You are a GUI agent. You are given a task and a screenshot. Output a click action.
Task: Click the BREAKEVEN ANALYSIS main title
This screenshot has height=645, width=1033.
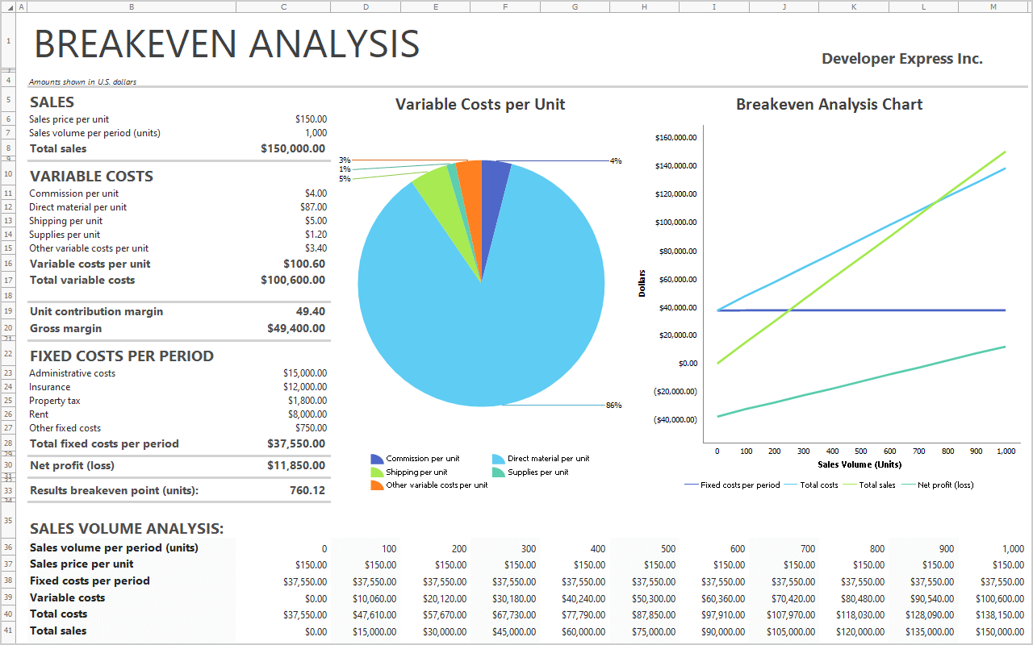(x=227, y=44)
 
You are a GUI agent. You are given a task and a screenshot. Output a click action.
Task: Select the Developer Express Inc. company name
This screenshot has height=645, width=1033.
(x=901, y=59)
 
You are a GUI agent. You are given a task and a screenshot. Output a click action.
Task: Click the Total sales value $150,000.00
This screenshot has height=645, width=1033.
(x=293, y=148)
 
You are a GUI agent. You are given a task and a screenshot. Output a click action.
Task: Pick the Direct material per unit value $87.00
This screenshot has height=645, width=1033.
(x=313, y=207)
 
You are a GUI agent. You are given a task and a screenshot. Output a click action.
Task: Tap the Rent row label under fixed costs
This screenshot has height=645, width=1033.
(x=39, y=414)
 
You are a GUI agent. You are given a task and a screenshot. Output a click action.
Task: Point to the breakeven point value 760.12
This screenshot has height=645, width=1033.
(x=307, y=490)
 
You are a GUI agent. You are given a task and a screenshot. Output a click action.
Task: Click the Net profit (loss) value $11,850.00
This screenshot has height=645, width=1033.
(x=296, y=465)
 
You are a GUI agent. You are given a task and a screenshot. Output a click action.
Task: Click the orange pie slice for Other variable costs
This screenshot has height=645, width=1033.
(x=470, y=174)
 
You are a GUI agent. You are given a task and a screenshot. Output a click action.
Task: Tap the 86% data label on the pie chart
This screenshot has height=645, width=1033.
(x=613, y=406)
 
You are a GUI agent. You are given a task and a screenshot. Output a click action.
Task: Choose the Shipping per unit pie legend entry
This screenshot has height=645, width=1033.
(x=416, y=472)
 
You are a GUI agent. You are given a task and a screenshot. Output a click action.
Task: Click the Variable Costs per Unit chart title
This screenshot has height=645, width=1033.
(x=480, y=104)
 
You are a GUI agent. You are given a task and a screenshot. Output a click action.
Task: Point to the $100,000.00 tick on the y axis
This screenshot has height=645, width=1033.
(x=675, y=223)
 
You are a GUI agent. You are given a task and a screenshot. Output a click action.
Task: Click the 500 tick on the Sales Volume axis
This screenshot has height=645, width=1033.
(x=861, y=451)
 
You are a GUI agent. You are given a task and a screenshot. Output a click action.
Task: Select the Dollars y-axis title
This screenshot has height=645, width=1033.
(x=642, y=283)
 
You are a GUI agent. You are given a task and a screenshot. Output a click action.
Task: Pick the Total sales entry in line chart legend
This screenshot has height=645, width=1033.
(x=876, y=485)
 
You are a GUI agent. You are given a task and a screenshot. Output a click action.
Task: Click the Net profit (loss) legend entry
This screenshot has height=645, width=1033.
(x=945, y=485)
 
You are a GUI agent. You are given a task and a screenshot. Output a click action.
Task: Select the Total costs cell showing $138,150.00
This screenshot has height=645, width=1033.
(x=1001, y=614)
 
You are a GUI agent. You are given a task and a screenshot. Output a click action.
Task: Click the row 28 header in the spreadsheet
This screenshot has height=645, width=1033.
(x=8, y=443)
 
